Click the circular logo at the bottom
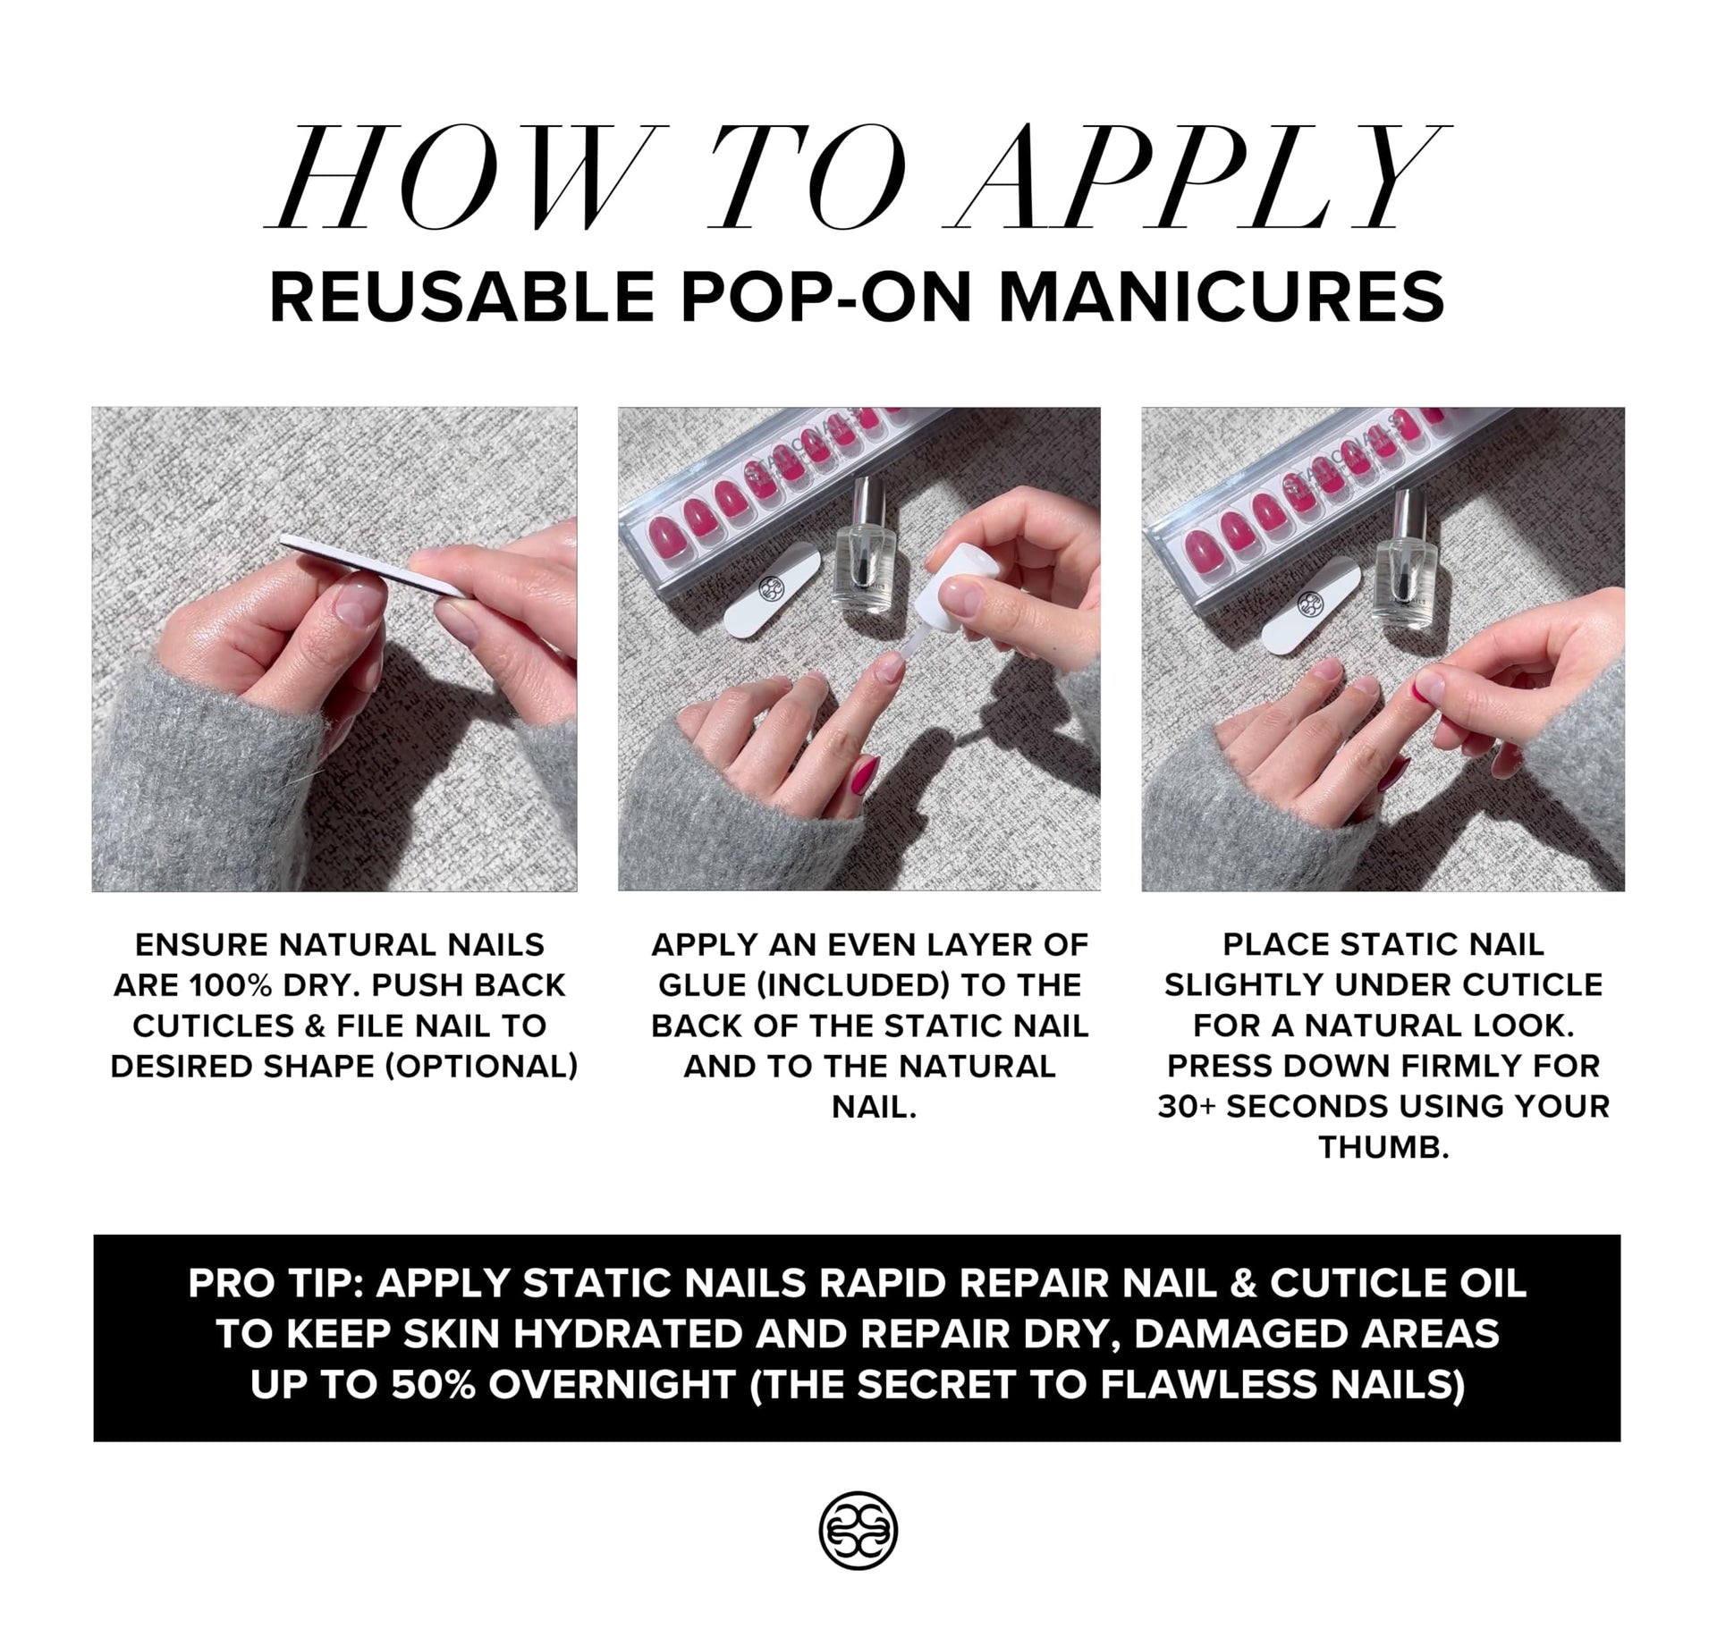tap(858, 1530)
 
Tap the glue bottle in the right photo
tap(1403, 563)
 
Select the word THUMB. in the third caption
tap(1383, 1147)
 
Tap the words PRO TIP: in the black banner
tap(276, 1284)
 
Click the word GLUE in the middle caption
tap(699, 985)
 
